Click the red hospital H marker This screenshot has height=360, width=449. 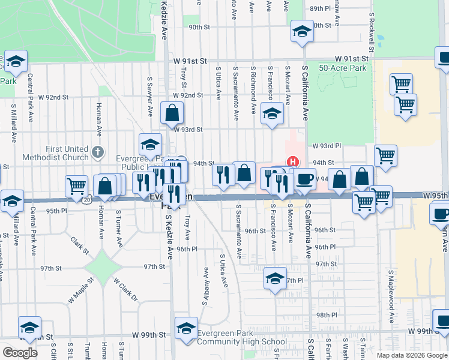coord(293,161)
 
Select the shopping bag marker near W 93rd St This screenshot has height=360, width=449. coord(172,112)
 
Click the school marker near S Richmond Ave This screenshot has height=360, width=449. coord(272,114)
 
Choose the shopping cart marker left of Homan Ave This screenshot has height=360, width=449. coord(76,185)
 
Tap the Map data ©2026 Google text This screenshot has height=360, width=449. coord(411,355)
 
